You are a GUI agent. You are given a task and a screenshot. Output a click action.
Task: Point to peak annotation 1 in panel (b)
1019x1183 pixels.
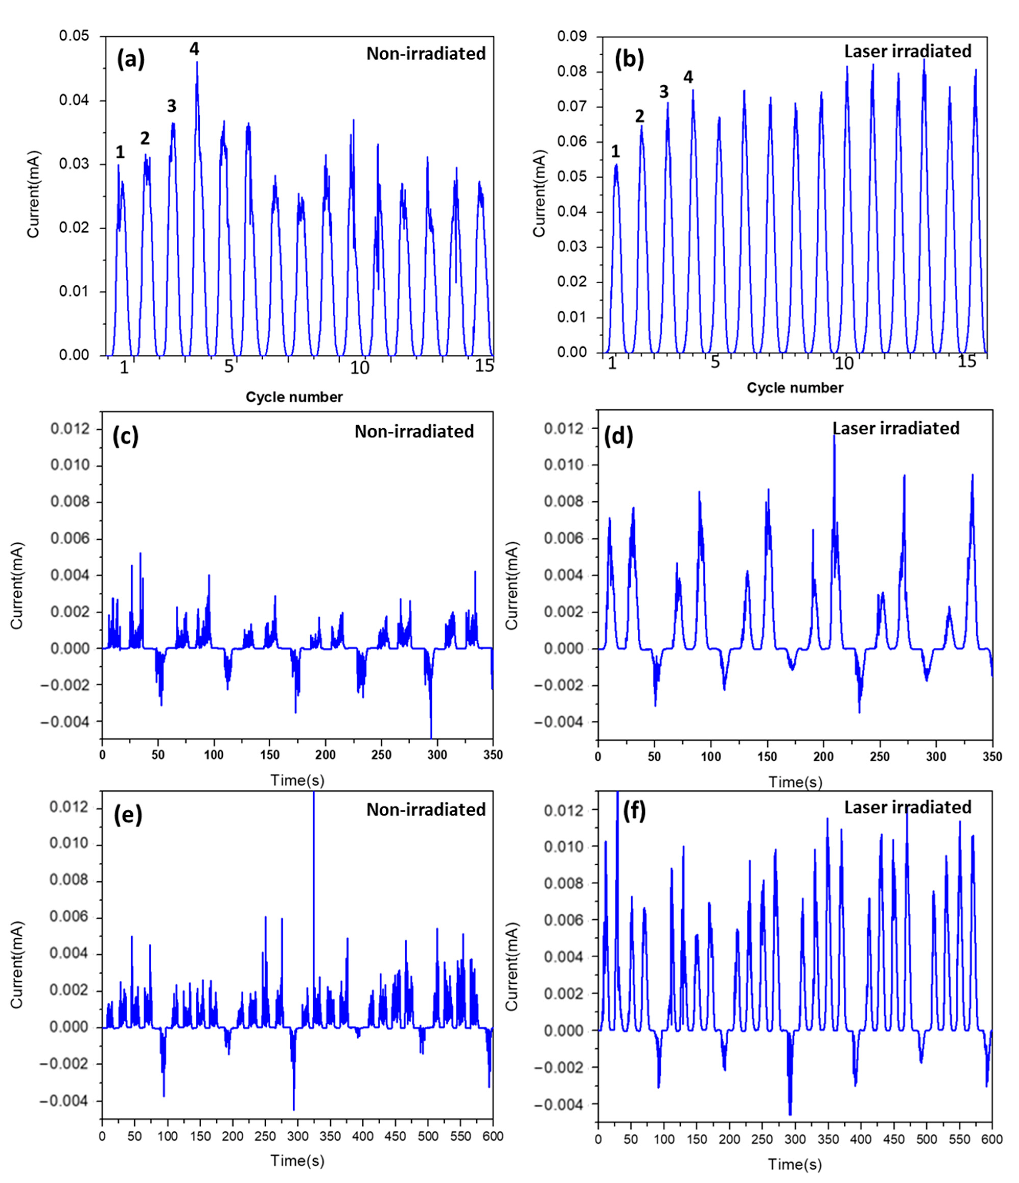pos(615,151)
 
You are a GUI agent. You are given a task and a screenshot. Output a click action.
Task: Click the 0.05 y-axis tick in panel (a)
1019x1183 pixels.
pos(74,37)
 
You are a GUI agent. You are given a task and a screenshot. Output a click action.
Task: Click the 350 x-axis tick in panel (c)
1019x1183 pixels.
pos(492,755)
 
